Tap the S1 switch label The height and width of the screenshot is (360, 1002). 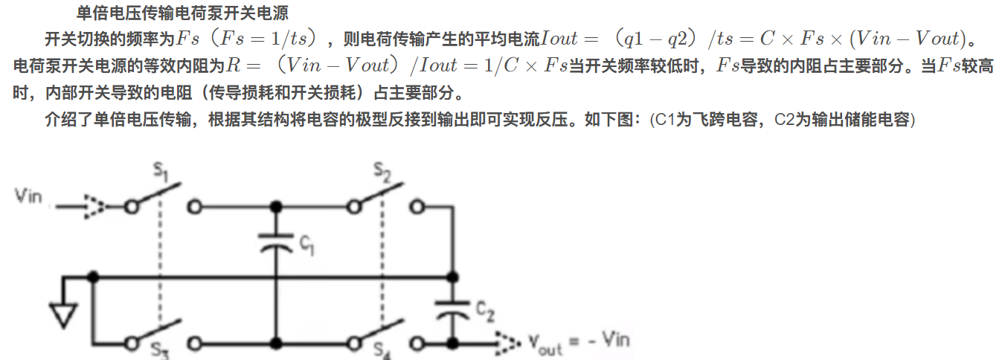tap(161, 173)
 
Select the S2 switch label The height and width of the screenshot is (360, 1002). tap(383, 174)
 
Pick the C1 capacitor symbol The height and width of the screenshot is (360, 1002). tap(276, 242)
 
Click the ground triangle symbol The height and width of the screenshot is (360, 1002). tap(65, 315)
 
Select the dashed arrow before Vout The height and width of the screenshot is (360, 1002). tap(507, 343)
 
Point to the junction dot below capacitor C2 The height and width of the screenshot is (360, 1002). tap(451, 343)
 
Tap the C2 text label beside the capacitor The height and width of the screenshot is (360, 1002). tap(484, 311)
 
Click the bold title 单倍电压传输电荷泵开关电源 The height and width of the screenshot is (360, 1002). tap(182, 13)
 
